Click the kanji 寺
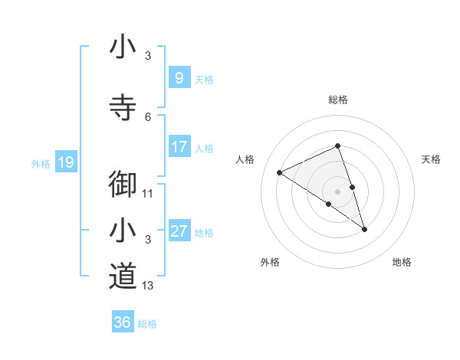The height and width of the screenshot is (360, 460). click(123, 107)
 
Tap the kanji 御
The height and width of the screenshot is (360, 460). click(123, 185)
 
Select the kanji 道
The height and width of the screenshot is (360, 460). click(123, 275)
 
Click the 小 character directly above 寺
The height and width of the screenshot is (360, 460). click(123, 47)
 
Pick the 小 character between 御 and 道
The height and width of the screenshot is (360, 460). click(123, 230)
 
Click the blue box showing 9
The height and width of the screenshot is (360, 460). click(179, 77)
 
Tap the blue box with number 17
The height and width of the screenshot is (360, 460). click(179, 147)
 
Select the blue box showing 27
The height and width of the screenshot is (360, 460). click(179, 231)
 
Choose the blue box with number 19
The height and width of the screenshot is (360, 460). click(65, 162)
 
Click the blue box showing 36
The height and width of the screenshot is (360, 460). click(122, 322)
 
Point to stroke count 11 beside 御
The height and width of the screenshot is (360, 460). click(148, 194)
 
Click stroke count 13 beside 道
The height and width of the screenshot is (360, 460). click(148, 286)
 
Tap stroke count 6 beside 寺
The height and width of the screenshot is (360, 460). click(148, 116)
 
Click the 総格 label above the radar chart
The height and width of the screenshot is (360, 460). click(337, 100)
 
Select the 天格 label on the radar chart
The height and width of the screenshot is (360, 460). click(431, 159)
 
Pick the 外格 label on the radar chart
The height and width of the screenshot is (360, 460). click(270, 262)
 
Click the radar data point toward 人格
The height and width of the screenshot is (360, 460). click(279, 172)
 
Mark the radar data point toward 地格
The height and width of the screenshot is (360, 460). click(364, 229)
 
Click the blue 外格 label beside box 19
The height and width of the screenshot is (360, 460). click(40, 163)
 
